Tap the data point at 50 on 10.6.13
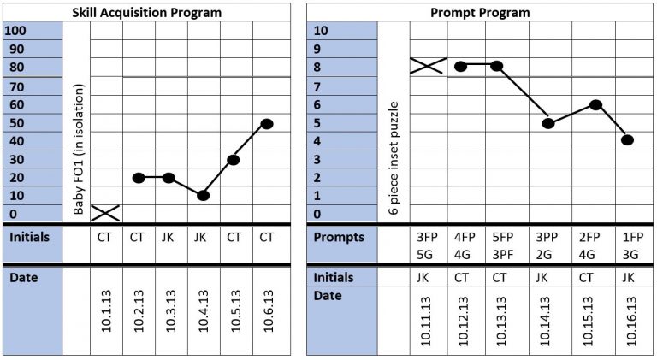point(267,124)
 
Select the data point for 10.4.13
point(203,195)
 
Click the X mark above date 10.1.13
point(105,212)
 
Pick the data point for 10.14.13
point(549,124)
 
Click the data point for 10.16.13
point(627,140)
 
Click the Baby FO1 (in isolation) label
point(79,147)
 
